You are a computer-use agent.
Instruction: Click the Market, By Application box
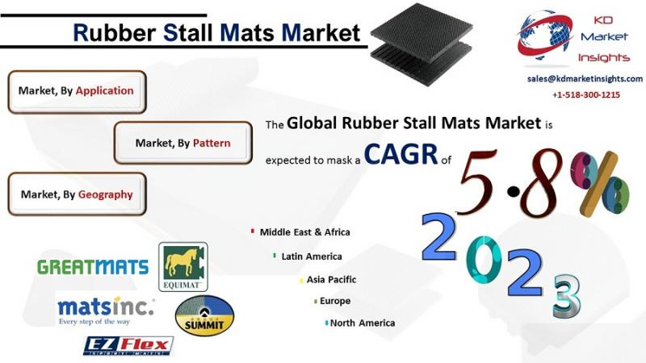click(x=77, y=92)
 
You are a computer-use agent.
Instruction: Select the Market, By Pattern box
click(x=183, y=143)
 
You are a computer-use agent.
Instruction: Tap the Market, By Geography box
click(x=77, y=194)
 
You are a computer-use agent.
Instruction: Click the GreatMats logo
click(x=93, y=267)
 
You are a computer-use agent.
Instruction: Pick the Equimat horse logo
click(x=183, y=267)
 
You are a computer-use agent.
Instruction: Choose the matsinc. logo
click(x=106, y=311)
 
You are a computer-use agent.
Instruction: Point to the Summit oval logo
click(x=204, y=315)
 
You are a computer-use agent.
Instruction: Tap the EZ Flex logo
click(x=128, y=346)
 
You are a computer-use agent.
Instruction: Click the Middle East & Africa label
click(x=305, y=232)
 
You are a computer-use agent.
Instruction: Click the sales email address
click(x=585, y=78)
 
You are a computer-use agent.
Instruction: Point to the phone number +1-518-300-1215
click(x=586, y=94)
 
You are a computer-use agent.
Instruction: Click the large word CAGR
click(x=401, y=154)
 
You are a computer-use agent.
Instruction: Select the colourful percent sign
click(x=600, y=184)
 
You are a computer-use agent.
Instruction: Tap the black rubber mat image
click(x=422, y=44)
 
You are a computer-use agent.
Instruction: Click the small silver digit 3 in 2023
click(x=567, y=297)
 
